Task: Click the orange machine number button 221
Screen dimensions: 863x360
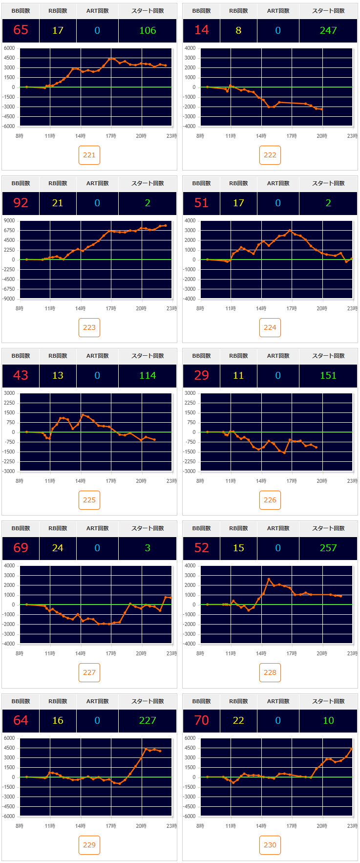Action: pos(89,155)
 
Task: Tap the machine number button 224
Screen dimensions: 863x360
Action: pos(270,327)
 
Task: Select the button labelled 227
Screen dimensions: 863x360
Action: pos(89,672)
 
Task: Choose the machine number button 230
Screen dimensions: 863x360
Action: pos(270,845)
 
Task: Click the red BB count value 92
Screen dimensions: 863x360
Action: pos(21,203)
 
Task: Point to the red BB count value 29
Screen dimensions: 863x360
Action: pos(201,375)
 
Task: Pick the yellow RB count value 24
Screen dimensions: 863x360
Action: pos(58,548)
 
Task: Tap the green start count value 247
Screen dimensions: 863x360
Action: pos(328,30)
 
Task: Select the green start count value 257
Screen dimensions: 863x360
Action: pos(328,548)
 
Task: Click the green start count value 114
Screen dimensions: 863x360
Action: pos(148,375)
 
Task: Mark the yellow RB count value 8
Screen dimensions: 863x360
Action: pos(238,30)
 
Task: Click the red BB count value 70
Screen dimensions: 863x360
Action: pos(201,720)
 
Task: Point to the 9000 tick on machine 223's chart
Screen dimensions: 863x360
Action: pos(10,221)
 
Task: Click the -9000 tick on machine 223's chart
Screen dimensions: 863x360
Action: pos(9,299)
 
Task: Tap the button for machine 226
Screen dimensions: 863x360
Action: pos(270,500)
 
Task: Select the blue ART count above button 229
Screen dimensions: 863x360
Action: pos(97,720)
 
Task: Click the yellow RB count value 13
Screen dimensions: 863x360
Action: pos(58,375)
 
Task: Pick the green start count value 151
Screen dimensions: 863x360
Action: pos(328,375)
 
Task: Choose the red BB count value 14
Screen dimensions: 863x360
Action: pos(201,30)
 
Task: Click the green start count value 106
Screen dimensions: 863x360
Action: pos(148,30)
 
